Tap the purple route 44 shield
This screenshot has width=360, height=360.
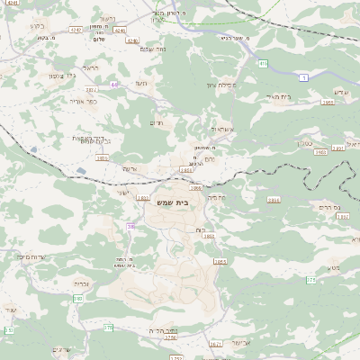coord(115,84)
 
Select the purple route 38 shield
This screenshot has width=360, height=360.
coord(130,227)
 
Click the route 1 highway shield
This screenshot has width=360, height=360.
coord(305,79)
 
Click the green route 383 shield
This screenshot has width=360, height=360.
coord(78,298)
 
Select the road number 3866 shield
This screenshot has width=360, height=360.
coord(274,200)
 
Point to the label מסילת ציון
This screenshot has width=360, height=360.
coord(222,84)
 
